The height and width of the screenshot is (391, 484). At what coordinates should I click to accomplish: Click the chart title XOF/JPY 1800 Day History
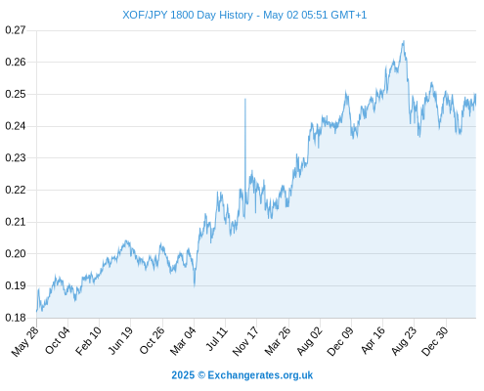click(188, 15)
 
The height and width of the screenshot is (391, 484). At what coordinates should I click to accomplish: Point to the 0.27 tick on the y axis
click(16, 30)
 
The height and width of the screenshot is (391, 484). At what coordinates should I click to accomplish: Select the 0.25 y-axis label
click(16, 94)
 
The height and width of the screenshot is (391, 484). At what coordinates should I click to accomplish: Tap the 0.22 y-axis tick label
click(16, 190)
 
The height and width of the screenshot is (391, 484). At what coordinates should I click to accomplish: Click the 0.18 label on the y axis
click(16, 318)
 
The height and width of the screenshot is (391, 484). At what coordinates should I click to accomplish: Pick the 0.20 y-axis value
click(16, 253)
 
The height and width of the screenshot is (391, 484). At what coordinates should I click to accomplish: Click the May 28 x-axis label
click(25, 341)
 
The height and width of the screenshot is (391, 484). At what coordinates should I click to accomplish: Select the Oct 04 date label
click(58, 340)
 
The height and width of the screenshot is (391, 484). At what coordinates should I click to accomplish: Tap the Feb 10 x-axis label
click(89, 341)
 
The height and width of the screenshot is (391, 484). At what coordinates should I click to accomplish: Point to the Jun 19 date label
click(120, 340)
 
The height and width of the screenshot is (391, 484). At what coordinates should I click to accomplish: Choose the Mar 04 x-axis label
click(183, 341)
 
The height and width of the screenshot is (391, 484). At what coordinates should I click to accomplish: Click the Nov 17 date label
click(245, 341)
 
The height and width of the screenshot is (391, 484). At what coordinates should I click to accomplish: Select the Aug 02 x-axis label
click(310, 341)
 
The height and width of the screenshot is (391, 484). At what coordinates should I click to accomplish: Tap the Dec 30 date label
click(435, 341)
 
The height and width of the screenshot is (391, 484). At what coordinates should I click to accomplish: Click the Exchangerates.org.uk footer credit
click(242, 375)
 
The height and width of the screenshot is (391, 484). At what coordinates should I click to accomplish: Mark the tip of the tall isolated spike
click(245, 99)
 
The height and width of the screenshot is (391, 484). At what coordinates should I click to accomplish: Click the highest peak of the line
click(404, 41)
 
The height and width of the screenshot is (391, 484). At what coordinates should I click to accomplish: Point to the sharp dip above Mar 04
click(195, 286)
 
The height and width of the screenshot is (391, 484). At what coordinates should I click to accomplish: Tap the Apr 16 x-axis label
click(374, 341)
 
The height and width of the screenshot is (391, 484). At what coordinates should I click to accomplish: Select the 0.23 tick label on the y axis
click(16, 157)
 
